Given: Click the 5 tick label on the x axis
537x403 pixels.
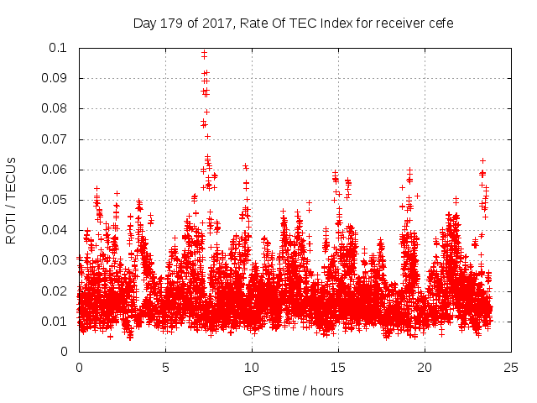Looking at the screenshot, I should [165, 367].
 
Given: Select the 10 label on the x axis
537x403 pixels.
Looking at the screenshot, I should [252, 367].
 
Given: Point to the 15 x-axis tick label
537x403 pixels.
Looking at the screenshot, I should [338, 367].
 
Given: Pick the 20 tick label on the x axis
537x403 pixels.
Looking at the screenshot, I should [425, 367].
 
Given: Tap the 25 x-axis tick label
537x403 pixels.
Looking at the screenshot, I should [512, 367].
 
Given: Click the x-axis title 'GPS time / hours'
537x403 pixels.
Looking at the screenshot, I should [293, 390].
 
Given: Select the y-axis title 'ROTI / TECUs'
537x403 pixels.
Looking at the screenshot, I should [12, 200].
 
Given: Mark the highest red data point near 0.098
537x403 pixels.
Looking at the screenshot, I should [204, 54].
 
